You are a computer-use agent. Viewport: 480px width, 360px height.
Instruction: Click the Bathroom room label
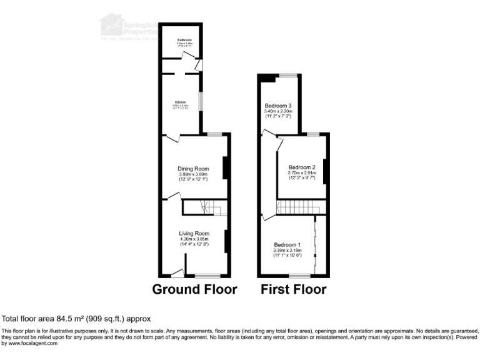pyautogui.click(x=183, y=40)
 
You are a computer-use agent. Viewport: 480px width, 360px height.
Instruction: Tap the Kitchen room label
pyautogui.click(x=180, y=101)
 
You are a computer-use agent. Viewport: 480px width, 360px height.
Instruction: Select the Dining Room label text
pyautogui.click(x=193, y=168)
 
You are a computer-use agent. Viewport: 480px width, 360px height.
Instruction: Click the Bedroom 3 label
pyautogui.click(x=279, y=105)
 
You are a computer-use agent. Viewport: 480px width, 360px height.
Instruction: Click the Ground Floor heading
pyautogui.click(x=195, y=289)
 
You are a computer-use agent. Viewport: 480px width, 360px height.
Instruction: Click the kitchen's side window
pyautogui.click(x=200, y=102)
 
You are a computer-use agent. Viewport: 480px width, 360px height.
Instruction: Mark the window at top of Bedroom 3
pyautogui.click(x=287, y=76)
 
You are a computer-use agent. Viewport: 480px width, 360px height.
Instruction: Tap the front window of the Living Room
pyautogui.click(x=207, y=276)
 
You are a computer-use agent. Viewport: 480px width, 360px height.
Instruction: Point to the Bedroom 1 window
pyautogui.click(x=299, y=276)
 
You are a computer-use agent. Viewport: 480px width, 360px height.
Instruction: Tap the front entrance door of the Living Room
pyautogui.click(x=177, y=273)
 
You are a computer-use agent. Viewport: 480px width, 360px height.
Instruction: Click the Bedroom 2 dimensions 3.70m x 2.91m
pyautogui.click(x=302, y=173)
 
